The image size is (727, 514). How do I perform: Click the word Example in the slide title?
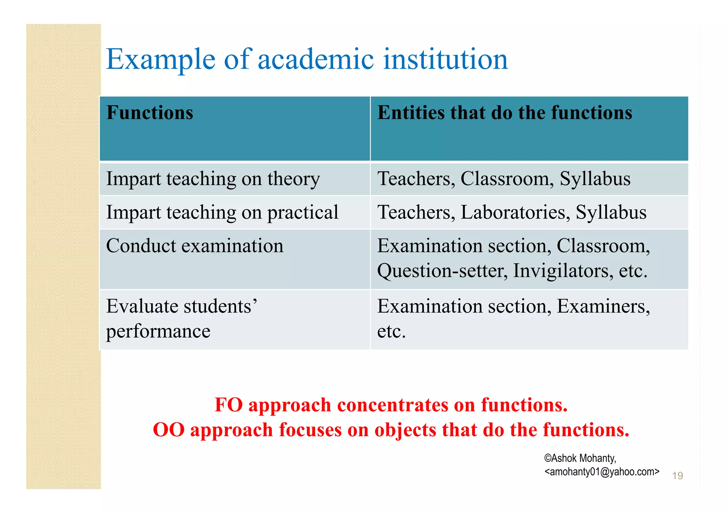(x=160, y=60)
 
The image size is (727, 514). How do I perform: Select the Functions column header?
(x=150, y=113)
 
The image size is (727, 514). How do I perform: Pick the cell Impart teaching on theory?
(x=213, y=179)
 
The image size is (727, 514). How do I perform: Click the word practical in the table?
(x=303, y=212)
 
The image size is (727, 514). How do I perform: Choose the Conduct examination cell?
(x=195, y=246)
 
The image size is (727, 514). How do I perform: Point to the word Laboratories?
(x=515, y=212)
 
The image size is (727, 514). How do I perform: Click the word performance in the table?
(x=158, y=331)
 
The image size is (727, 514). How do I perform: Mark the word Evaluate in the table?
(x=141, y=306)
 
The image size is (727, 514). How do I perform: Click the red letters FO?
(x=229, y=405)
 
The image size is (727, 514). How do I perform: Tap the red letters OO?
(x=169, y=430)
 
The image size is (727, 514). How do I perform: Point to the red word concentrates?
(x=393, y=405)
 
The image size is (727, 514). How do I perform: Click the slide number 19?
(x=677, y=476)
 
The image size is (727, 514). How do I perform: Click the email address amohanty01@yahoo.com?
(x=602, y=472)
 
